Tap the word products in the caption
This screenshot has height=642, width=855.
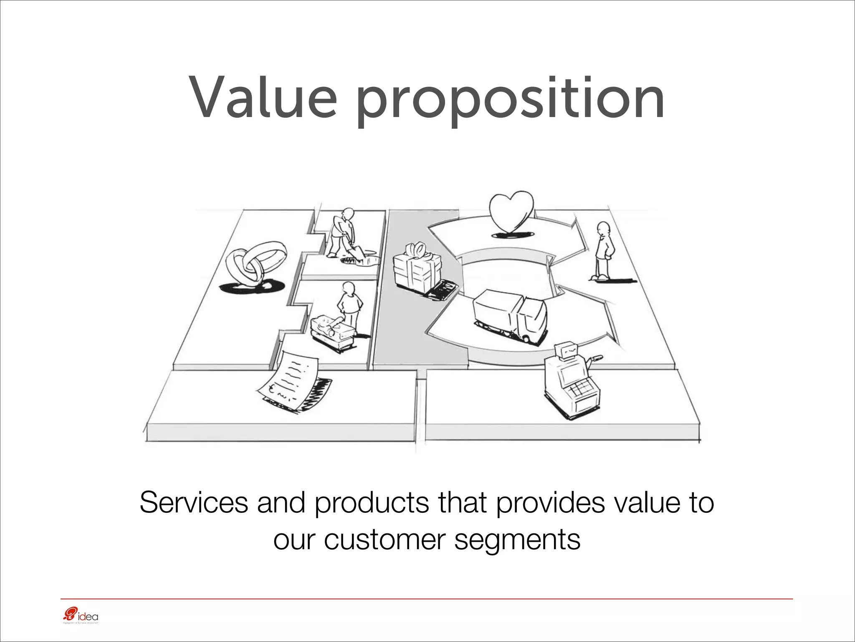pos(372,503)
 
